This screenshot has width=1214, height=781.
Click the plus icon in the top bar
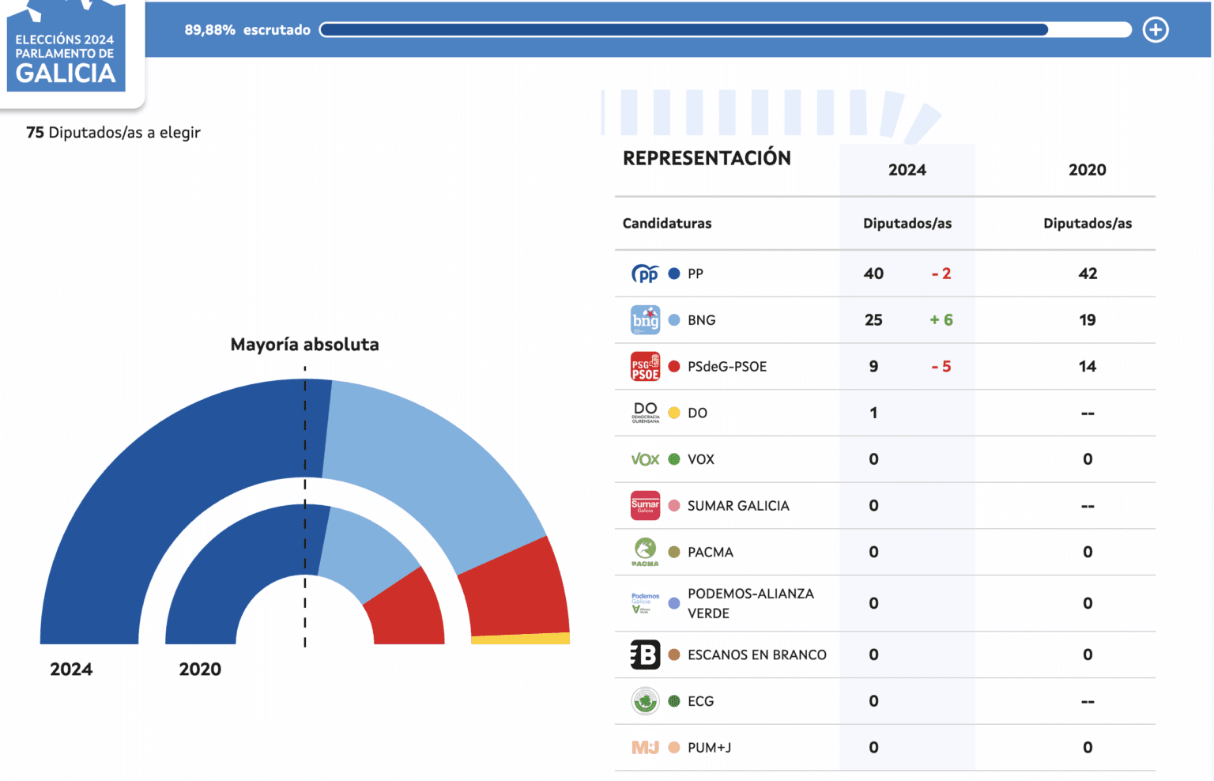pyautogui.click(x=1156, y=30)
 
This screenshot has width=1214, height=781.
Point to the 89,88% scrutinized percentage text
pyautogui.click(x=209, y=30)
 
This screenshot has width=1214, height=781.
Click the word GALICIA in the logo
pyautogui.click(x=66, y=74)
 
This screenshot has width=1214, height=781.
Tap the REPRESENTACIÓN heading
pyautogui.click(x=707, y=158)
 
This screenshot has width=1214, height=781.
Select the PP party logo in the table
pyautogui.click(x=645, y=274)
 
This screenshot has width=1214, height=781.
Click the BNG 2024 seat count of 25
pyautogui.click(x=873, y=320)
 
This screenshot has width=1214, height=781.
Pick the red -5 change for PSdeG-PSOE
pyautogui.click(x=941, y=367)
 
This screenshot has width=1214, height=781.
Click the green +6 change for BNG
pyautogui.click(x=941, y=320)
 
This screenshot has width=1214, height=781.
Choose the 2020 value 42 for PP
pyautogui.click(x=1088, y=274)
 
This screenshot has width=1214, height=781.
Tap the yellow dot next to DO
pyautogui.click(x=674, y=413)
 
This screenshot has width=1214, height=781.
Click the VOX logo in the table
pyautogui.click(x=645, y=459)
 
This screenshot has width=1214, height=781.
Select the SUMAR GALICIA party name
pyautogui.click(x=738, y=506)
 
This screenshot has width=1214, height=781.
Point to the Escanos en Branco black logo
pyautogui.click(x=645, y=655)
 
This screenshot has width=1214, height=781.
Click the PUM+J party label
pyautogui.click(x=709, y=748)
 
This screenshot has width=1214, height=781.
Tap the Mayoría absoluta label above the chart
pyautogui.click(x=304, y=345)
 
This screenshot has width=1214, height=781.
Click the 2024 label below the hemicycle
pyautogui.click(x=71, y=670)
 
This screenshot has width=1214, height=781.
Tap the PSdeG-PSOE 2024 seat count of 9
pyautogui.click(x=873, y=367)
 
